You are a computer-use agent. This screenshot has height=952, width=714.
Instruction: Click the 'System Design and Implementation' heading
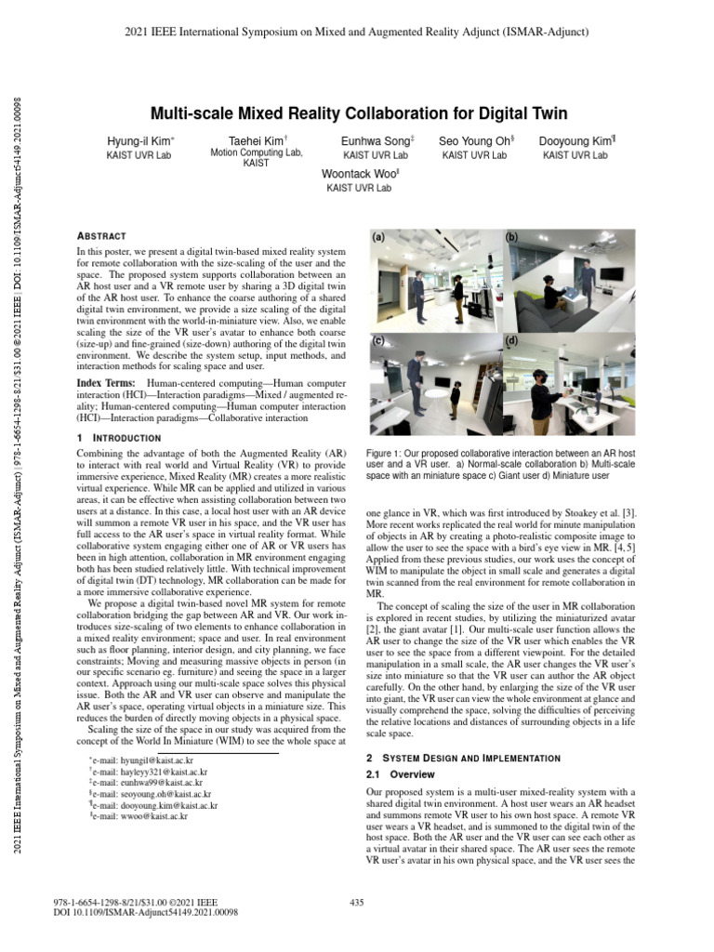[480, 759]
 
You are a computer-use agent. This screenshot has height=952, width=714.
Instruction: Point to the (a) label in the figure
[379, 239]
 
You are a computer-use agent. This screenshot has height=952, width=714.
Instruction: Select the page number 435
[356, 902]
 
